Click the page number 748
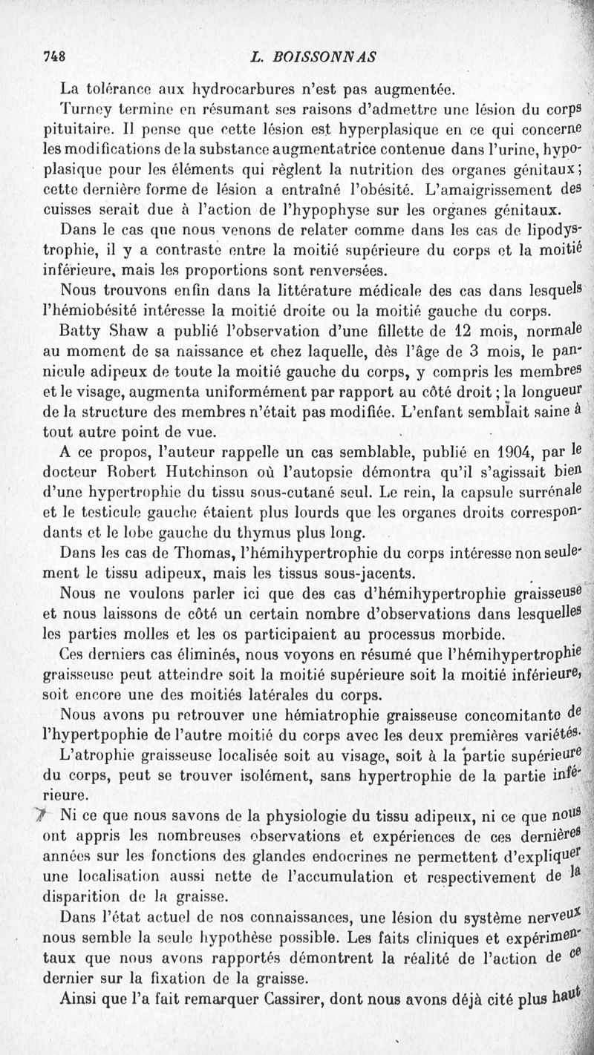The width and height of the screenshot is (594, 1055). (x=54, y=56)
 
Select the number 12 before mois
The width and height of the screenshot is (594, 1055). (x=461, y=326)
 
